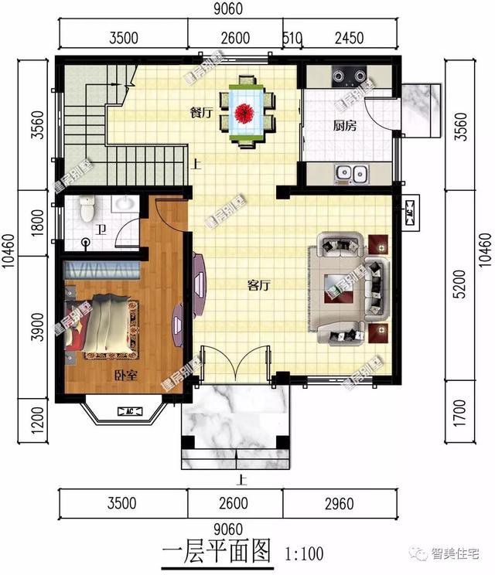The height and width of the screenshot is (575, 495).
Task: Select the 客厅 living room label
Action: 258,285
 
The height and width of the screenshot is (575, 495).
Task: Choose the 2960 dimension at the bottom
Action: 338,504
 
